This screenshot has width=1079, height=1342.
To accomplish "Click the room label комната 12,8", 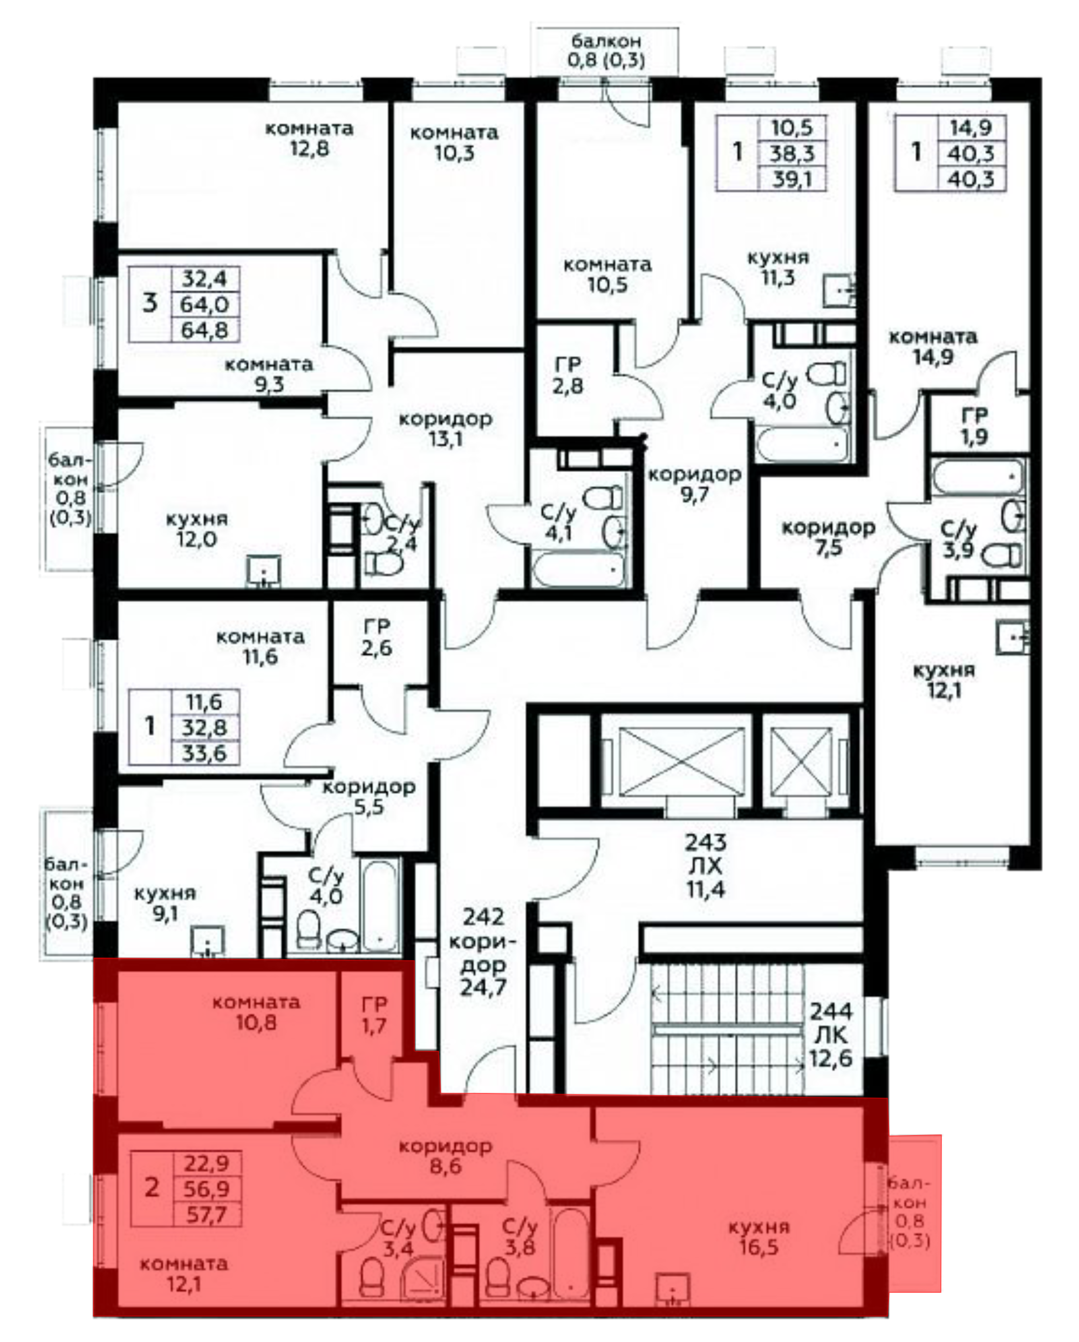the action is tap(310, 139).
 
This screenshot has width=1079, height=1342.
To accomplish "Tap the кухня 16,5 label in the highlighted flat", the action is tap(759, 1237).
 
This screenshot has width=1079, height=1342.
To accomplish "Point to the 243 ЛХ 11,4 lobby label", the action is tap(706, 866).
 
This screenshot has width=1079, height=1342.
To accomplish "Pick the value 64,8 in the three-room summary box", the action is tap(205, 330).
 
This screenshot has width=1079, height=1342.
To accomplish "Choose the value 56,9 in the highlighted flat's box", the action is tap(207, 1188).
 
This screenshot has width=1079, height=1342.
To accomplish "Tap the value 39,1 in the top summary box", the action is tap(792, 179).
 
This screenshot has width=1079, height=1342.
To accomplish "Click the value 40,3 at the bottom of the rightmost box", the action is tap(971, 179).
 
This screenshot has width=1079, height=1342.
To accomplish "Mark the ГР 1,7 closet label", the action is tap(374, 1015).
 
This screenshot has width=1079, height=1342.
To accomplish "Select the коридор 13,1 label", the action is tap(446, 429).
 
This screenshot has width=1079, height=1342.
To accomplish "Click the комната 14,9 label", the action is tap(933, 347).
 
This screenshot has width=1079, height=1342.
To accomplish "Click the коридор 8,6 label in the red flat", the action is tap(446, 1156).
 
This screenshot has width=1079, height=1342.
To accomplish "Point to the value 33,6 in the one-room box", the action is tap(205, 754).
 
